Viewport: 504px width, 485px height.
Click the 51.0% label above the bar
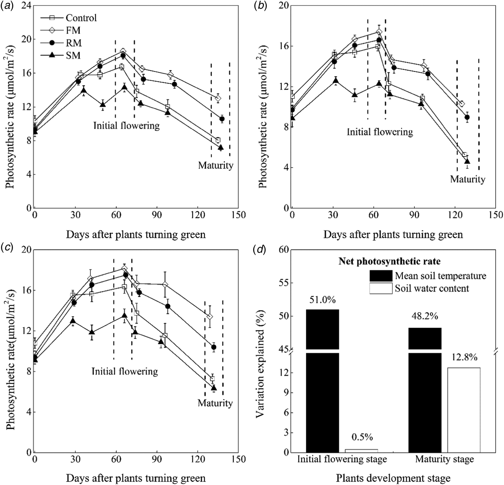point(322,300)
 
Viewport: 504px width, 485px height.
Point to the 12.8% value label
point(464,357)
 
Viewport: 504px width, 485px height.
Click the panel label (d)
point(260,249)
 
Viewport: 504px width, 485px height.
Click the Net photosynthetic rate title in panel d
point(389,261)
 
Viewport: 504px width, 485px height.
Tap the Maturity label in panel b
point(467,179)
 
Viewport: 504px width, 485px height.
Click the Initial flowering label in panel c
point(125,371)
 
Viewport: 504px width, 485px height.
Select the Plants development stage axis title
point(393,478)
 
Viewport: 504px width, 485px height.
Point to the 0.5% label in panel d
point(361,437)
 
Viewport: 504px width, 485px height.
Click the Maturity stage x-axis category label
point(444,459)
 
